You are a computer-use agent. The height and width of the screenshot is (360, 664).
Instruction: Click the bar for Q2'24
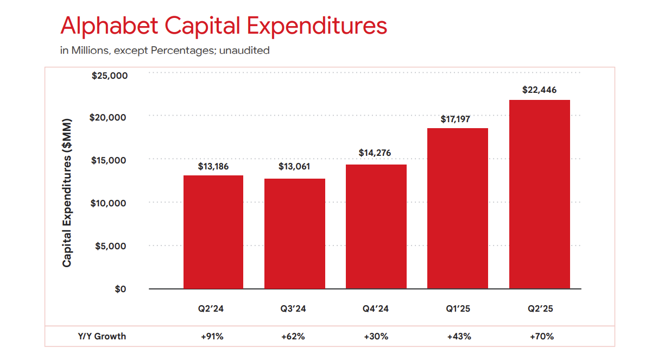(x=213, y=232)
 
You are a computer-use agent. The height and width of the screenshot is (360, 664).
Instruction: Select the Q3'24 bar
(x=294, y=233)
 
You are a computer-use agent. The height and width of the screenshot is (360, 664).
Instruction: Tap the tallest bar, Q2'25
(x=539, y=194)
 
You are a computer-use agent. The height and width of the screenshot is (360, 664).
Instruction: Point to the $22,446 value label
(x=539, y=90)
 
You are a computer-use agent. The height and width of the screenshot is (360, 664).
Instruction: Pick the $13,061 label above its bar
(x=294, y=166)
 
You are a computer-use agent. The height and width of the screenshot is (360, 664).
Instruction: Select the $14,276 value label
(x=375, y=153)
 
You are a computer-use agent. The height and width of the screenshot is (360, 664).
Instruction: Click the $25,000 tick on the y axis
(x=110, y=75)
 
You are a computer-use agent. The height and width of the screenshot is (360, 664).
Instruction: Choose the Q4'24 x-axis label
(x=375, y=309)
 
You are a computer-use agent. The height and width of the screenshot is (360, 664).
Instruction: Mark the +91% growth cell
(x=212, y=336)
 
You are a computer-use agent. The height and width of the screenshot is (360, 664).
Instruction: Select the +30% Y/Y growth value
(x=376, y=336)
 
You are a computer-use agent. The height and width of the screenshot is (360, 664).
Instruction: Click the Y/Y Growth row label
(x=102, y=336)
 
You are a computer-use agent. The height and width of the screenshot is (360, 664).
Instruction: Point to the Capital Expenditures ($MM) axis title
(x=67, y=192)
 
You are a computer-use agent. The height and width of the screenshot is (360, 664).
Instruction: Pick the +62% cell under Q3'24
(x=293, y=336)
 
